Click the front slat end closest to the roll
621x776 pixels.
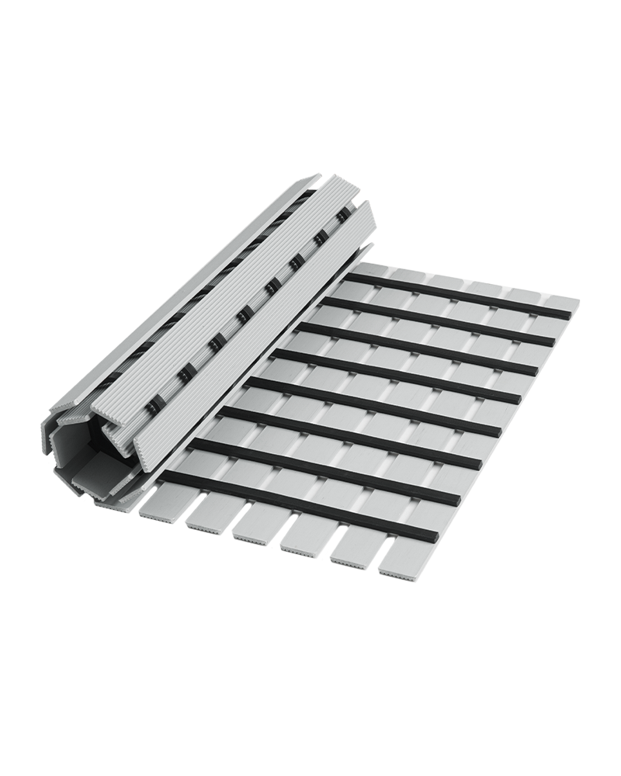(x=159, y=504)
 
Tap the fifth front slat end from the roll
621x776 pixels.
(x=353, y=550)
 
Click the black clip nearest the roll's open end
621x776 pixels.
(x=153, y=404)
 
